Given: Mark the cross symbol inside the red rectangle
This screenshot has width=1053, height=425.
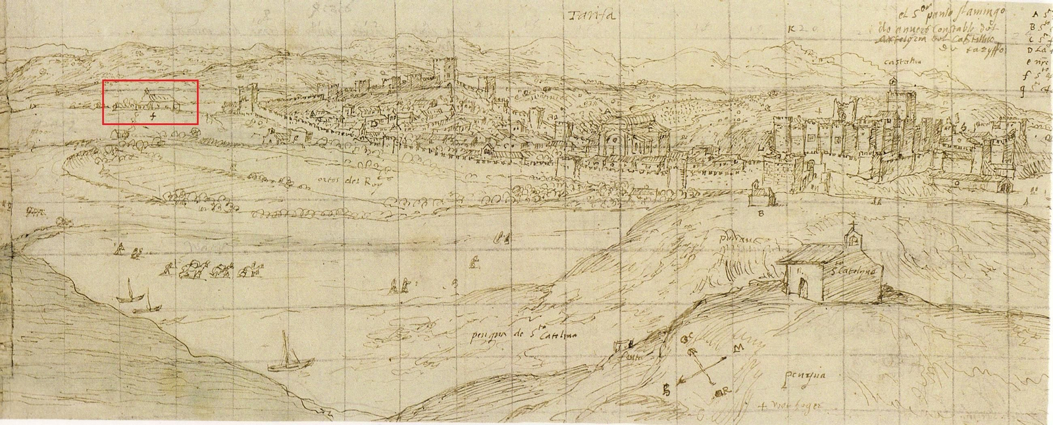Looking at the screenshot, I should tap(154, 116).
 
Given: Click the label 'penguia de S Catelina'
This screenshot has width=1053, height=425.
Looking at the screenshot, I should tap(523, 336).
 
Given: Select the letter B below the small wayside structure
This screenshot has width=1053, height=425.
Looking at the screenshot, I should tap(761, 214).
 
